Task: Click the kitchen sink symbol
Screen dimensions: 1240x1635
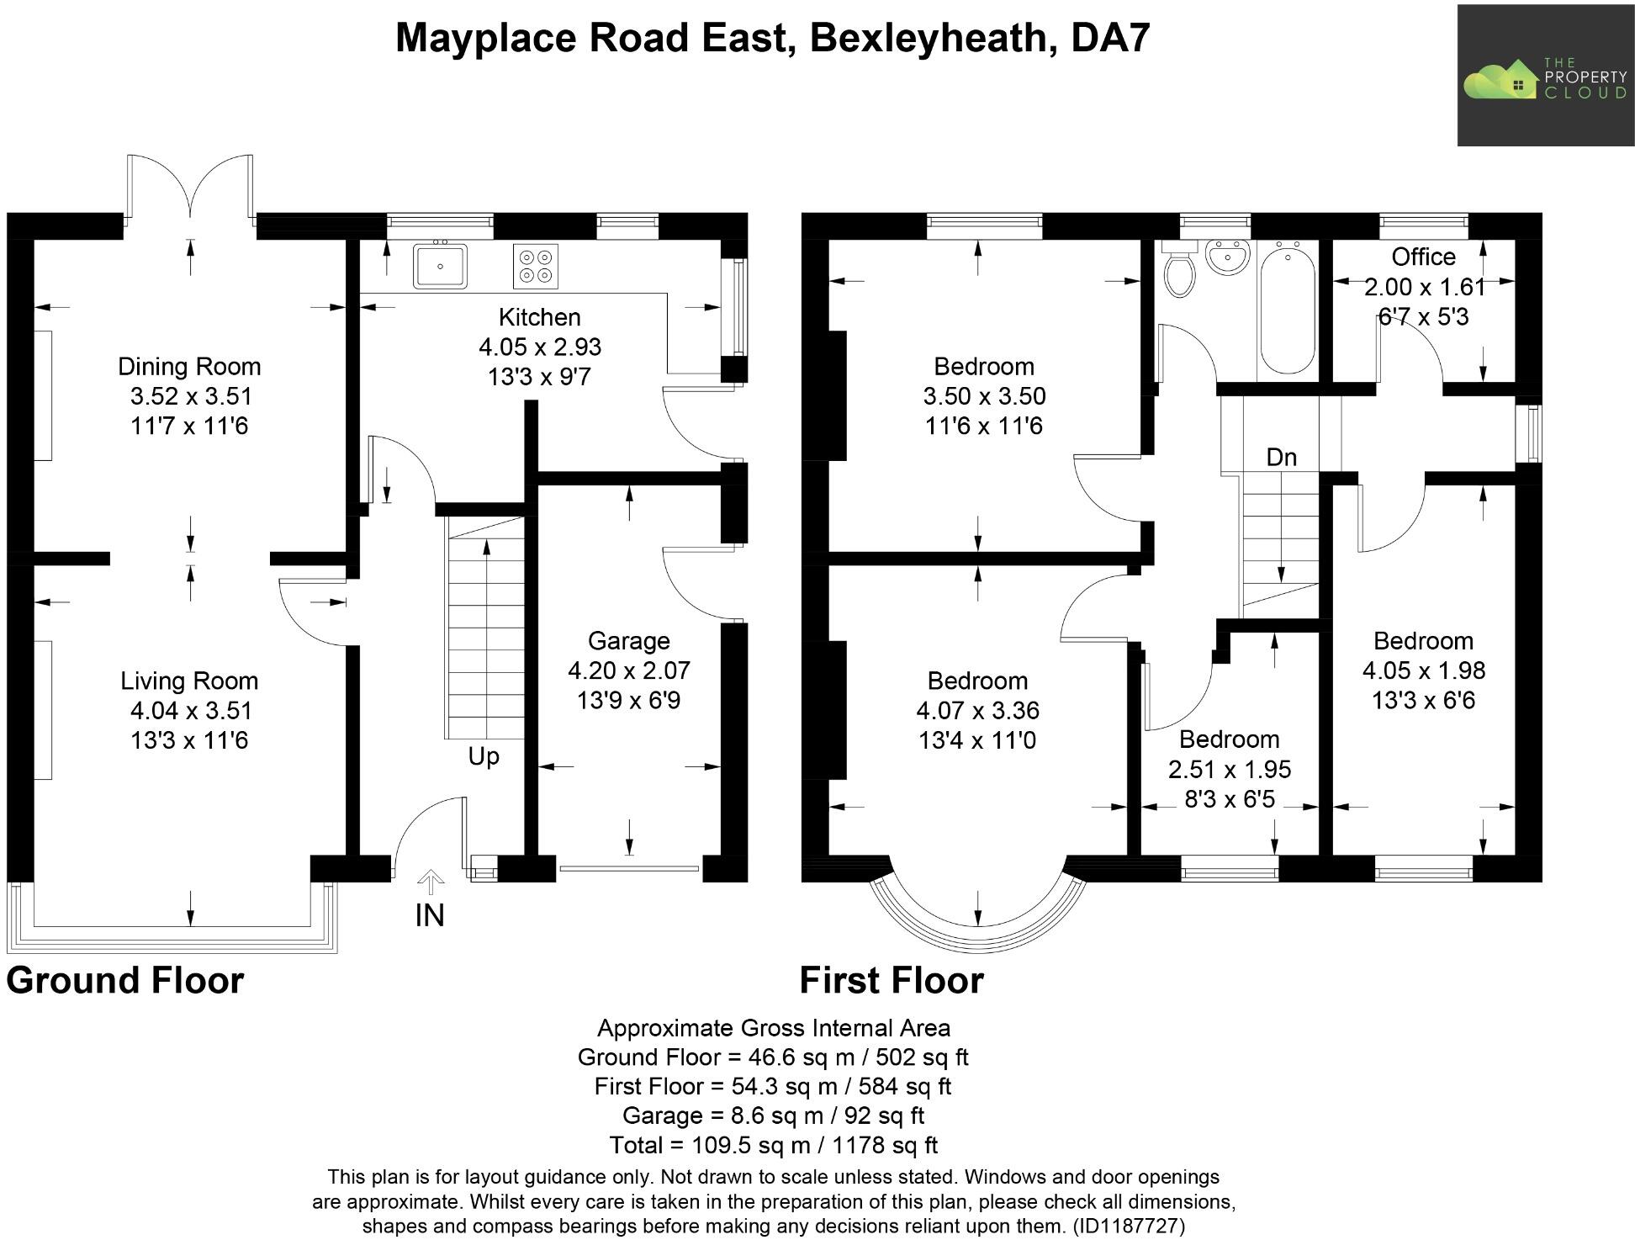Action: (440, 266)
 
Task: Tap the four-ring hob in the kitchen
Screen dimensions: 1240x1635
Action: (535, 266)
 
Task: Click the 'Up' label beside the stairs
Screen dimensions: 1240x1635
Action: (484, 756)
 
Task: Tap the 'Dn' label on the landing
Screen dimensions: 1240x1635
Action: (1281, 457)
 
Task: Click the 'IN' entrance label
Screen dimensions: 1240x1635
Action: (430, 915)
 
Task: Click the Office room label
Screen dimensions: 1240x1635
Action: (1423, 257)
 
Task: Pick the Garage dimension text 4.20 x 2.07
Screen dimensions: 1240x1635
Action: (628, 670)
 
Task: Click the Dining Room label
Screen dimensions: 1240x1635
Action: (189, 366)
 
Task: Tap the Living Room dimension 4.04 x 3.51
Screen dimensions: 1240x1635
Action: (190, 711)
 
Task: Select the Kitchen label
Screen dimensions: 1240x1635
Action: (539, 317)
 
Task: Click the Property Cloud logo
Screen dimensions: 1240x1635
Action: (1544, 75)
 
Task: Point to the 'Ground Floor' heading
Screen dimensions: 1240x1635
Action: (124, 981)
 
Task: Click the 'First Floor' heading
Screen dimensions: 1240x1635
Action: (891, 981)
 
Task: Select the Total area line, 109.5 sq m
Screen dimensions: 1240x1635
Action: (772, 1145)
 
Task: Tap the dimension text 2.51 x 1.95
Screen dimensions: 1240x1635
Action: (1229, 769)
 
